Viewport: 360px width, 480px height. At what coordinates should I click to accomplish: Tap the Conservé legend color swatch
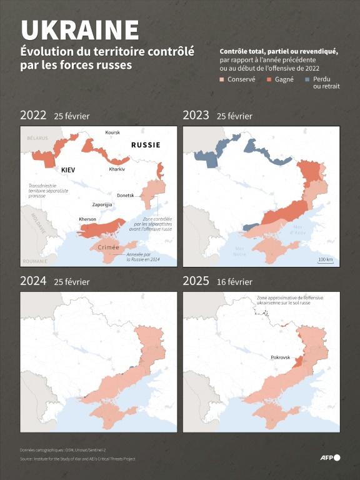pos(222,79)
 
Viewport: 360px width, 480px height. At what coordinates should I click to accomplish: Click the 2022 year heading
pos(33,116)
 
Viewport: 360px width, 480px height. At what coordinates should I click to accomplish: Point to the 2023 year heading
pos(196,116)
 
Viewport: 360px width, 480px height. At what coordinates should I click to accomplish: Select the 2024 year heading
pos(33,281)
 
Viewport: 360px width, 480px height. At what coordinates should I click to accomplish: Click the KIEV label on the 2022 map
pos(69,170)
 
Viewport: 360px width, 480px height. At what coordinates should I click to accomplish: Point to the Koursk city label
pos(112,133)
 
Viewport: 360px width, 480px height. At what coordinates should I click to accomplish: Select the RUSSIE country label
pos(145,145)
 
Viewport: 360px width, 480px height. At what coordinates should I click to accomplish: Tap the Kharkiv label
pos(117,169)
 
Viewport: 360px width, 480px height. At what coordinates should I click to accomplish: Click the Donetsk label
pos(125,196)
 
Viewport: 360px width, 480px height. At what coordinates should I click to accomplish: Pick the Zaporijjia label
pos(102,204)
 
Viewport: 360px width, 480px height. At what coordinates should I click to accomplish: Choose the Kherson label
pos(87,219)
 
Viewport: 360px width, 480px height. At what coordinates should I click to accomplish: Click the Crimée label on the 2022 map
pos(109,247)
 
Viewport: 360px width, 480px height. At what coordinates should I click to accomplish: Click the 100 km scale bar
pos(325,260)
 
